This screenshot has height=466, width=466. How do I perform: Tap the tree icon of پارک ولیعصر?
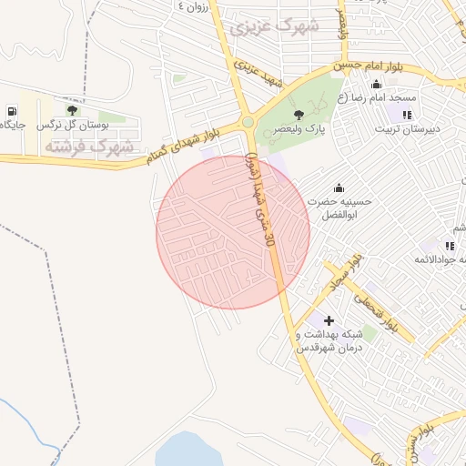tap(299, 114)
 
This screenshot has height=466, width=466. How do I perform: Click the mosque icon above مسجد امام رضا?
tap(377, 85)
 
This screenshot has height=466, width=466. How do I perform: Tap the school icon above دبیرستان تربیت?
tap(407, 115)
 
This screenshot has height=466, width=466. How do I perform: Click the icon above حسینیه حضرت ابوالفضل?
tap(339, 187)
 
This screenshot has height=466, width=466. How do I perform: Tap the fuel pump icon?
tap(12, 112)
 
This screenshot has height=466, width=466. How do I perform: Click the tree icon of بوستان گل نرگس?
tap(71, 111)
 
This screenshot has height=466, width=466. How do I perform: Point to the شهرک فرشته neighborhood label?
tap(90, 146)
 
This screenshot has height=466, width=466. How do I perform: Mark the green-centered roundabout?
tap(248, 123)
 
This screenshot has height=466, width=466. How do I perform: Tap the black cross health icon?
tap(329, 320)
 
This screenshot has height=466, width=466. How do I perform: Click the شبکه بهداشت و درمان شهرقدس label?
tap(329, 341)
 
